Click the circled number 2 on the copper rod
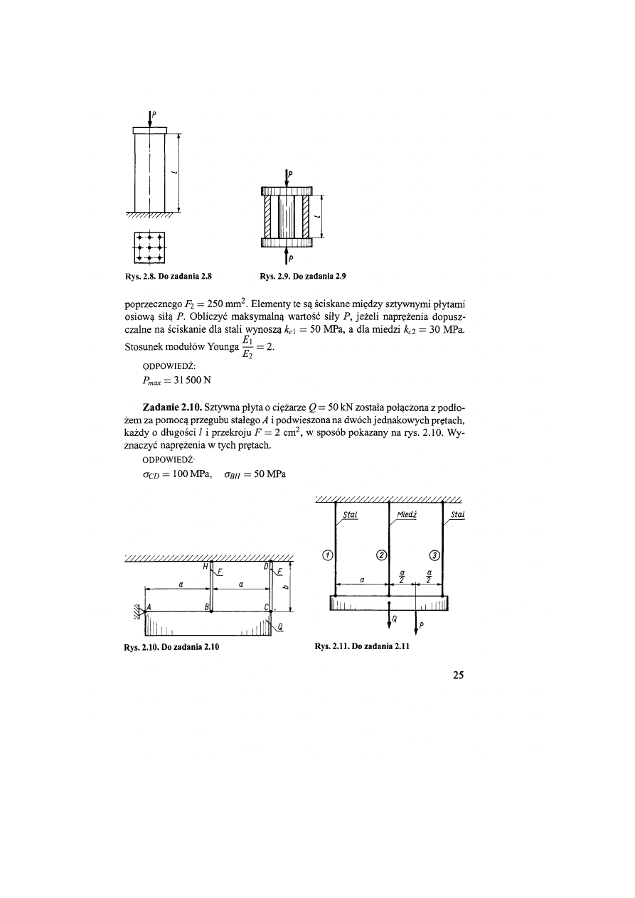click(381, 555)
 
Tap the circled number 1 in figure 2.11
click(326, 555)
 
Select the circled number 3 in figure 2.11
click(435, 555)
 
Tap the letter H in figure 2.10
click(206, 566)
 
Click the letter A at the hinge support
click(148, 606)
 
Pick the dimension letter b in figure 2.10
click(284, 587)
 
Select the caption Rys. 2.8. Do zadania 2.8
click(171, 274)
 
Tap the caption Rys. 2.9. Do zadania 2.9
click(303, 274)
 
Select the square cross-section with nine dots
click(149, 247)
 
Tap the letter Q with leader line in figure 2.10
click(280, 627)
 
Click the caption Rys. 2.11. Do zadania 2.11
click(361, 647)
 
